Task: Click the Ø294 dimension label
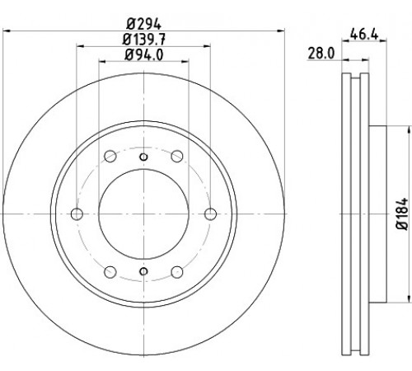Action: (x=143, y=25)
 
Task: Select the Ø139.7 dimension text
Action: (x=143, y=40)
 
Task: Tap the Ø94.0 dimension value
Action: (x=143, y=54)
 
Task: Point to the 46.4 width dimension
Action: (x=364, y=35)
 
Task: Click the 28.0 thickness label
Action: (x=321, y=54)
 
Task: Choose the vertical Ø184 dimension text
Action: (x=402, y=214)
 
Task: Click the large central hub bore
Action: (x=143, y=214)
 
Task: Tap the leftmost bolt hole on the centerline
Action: (x=77, y=214)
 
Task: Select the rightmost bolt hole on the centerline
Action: (x=211, y=214)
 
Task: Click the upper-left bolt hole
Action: (x=110, y=156)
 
